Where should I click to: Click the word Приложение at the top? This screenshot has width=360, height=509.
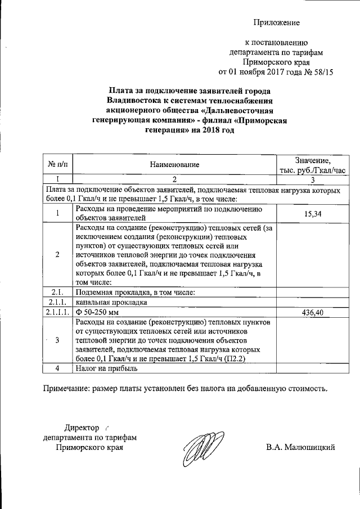276,22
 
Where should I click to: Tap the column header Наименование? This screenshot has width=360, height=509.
174,164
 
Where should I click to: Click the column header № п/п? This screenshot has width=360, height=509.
57,164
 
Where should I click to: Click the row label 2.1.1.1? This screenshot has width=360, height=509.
57,312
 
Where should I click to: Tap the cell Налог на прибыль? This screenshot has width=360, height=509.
106,368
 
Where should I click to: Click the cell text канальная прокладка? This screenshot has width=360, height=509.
111,302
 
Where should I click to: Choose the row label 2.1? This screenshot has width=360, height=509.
57,292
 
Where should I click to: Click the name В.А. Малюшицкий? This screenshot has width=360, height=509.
301,448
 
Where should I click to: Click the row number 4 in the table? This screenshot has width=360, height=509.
57,368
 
